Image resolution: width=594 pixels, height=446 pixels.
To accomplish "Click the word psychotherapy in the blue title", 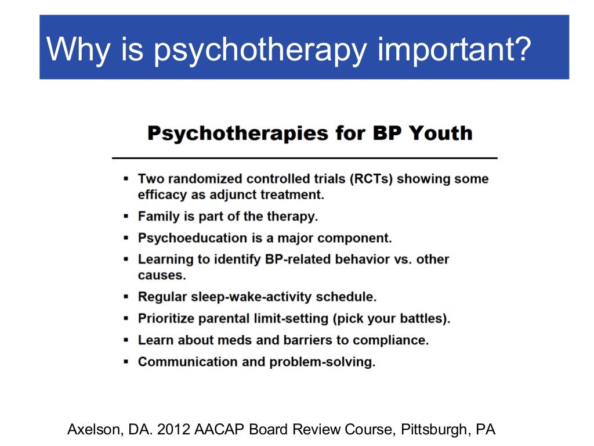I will click(x=260, y=50).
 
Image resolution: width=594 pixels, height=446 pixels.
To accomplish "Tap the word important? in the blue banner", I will click(x=454, y=50).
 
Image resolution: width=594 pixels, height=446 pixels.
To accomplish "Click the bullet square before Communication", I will click(x=126, y=362).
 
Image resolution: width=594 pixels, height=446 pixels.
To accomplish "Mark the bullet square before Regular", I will click(x=126, y=297).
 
